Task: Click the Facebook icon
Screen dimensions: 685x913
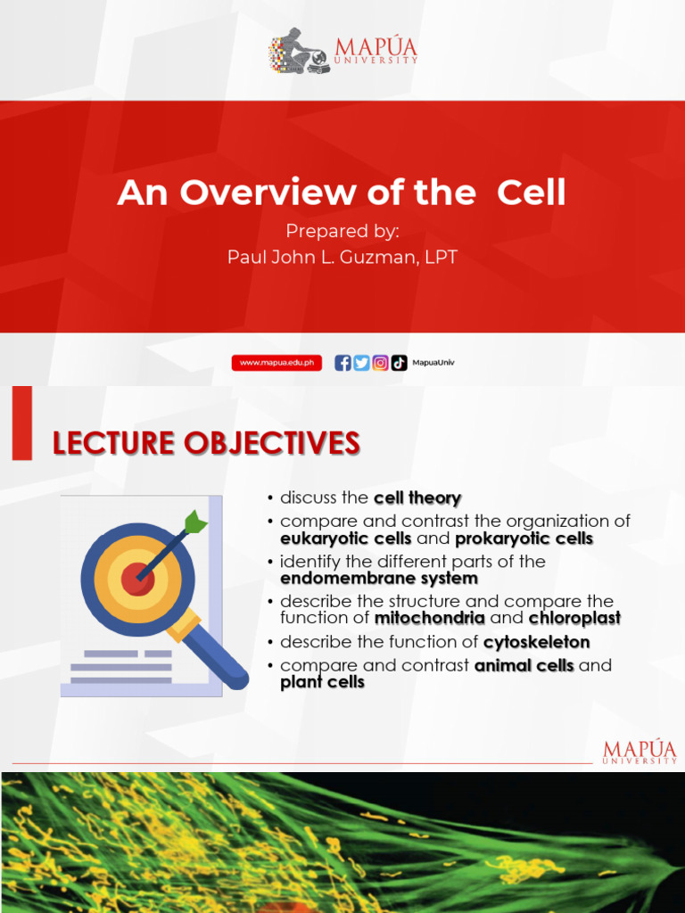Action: [342, 363]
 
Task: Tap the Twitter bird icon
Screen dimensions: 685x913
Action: [361, 363]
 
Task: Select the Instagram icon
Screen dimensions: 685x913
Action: [380, 363]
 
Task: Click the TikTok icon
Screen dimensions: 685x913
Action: [399, 363]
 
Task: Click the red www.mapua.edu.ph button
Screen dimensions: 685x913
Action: [276, 363]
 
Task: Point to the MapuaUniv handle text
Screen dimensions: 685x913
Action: [433, 362]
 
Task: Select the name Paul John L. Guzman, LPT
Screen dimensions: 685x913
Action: [342, 257]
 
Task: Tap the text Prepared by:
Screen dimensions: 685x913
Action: [342, 231]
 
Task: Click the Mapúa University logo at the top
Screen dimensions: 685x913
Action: [343, 51]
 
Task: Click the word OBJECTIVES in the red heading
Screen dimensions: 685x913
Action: [272, 443]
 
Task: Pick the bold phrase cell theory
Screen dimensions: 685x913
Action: [417, 498]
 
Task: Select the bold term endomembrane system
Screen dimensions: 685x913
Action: [379, 578]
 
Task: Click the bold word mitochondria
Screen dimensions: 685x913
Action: [430, 618]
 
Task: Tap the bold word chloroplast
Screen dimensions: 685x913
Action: [575, 618]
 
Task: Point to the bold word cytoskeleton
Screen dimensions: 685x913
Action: [536, 642]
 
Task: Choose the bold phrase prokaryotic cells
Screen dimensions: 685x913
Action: [524, 539]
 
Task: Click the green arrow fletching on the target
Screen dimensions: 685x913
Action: [195, 522]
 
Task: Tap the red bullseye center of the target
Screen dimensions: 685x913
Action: [138, 578]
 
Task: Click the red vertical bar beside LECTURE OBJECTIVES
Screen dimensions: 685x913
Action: [22, 424]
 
